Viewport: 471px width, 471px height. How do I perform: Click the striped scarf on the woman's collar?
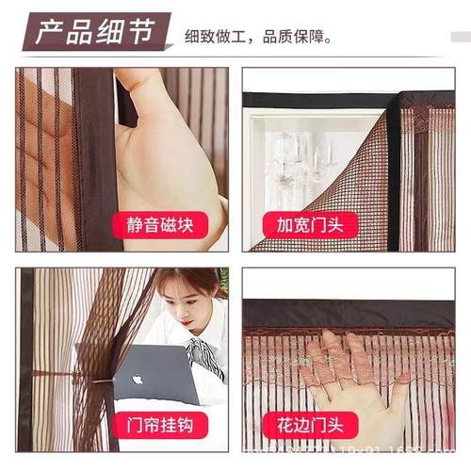202,354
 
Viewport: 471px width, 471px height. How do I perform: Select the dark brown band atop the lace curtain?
349,314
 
